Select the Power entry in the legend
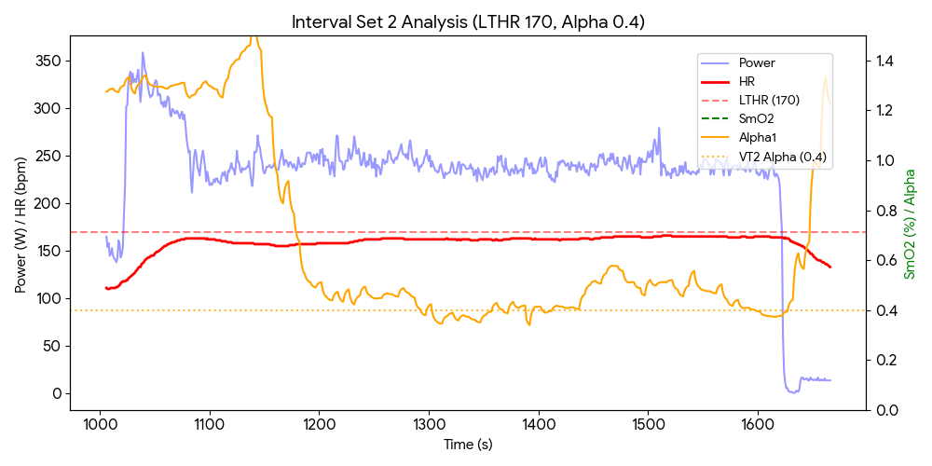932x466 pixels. (x=756, y=63)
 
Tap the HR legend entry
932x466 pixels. (x=747, y=82)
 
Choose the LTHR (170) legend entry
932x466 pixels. (x=768, y=101)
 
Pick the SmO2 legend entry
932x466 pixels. (x=756, y=119)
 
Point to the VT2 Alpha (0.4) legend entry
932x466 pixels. (x=782, y=157)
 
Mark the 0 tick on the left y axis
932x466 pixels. (x=58, y=393)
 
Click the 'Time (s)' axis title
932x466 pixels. (x=468, y=445)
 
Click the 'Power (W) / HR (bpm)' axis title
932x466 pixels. (x=21, y=224)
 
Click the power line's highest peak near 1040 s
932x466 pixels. (x=143, y=53)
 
